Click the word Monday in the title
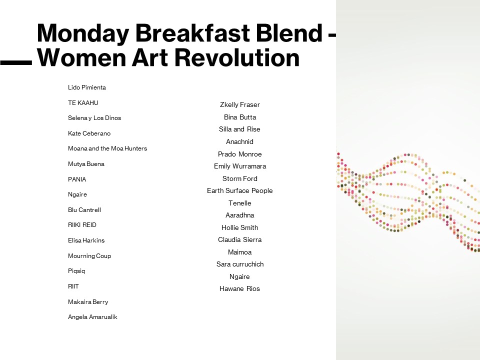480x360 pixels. tap(83, 33)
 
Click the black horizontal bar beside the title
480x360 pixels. tap(16, 63)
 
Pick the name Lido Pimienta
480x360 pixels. tap(87, 87)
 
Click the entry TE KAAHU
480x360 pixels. tap(83, 103)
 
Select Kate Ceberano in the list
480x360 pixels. tap(89, 133)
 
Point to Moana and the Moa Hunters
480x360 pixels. tap(107, 148)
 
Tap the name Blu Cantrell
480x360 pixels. tap(84, 210)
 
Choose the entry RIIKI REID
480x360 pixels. tap(82, 225)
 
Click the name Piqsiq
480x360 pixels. tap(76, 271)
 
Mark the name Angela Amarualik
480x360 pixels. tap(92, 317)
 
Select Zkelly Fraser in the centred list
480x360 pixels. tap(239, 104)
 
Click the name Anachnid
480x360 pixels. tap(239, 141)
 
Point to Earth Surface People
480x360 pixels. tap(239, 190)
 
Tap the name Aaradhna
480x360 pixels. tap(239, 215)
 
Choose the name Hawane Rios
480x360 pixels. tap(239, 288)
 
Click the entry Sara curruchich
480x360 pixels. tap(240, 264)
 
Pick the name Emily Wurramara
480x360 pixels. tap(240, 166)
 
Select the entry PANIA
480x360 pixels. tap(77, 179)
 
